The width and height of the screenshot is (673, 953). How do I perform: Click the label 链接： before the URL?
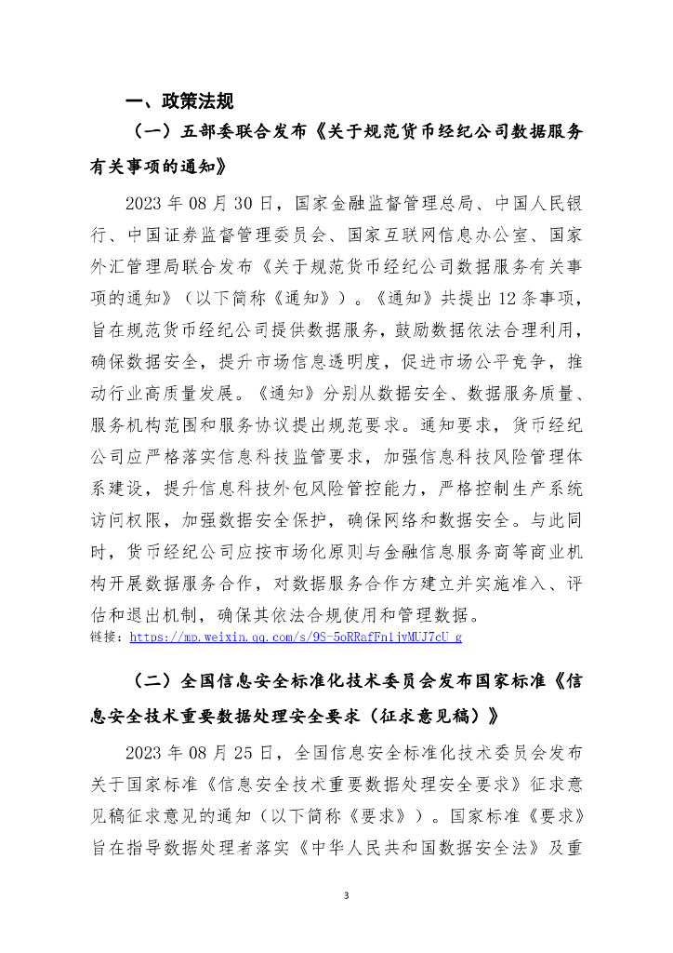109,638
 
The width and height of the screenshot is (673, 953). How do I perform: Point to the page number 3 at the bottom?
345,895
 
